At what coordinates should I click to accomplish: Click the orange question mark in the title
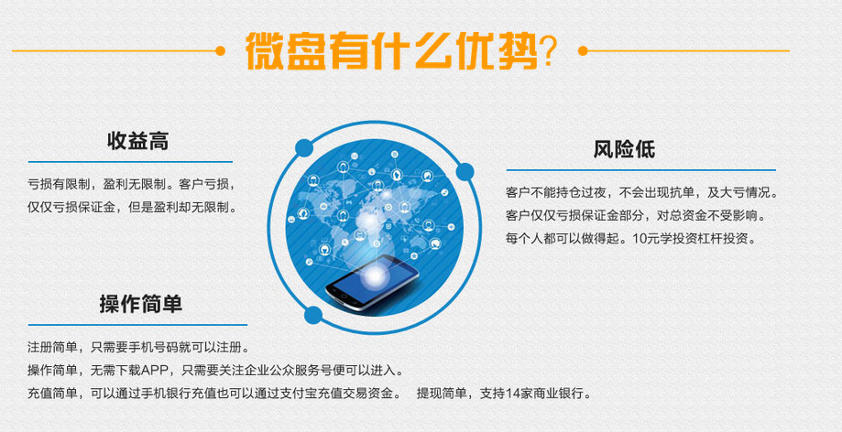[548, 52]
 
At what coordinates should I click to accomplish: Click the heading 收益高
[138, 141]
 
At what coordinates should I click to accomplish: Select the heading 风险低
[624, 149]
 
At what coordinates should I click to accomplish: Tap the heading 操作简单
[141, 304]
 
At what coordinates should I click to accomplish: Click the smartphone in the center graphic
[372, 282]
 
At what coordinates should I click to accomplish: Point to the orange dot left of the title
[220, 51]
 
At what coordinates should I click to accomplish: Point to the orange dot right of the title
[584, 51]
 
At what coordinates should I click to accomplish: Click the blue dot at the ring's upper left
[304, 147]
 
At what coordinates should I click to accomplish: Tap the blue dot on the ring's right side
[465, 172]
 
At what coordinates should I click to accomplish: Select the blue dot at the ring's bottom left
[313, 315]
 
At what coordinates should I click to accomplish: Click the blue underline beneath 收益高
[130, 161]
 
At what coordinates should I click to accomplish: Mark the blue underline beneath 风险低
[641, 170]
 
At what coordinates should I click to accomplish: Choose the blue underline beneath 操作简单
[137, 325]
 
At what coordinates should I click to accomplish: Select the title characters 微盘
[286, 51]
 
